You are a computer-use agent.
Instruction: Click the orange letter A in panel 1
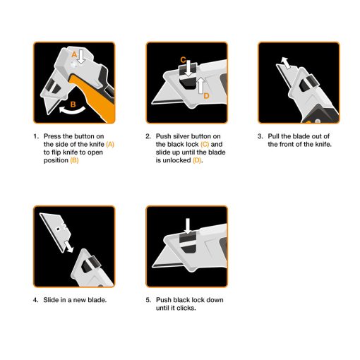pos(74,54)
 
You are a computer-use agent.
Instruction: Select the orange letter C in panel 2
pos(183,60)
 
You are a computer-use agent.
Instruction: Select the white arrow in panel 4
pos(68,246)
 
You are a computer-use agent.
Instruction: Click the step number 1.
pos(35,136)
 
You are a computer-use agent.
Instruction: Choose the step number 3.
pos(260,136)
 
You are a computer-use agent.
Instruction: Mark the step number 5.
pos(148,300)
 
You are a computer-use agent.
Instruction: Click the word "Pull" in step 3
pos(275,136)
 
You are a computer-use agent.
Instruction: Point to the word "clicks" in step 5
pos(186,308)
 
